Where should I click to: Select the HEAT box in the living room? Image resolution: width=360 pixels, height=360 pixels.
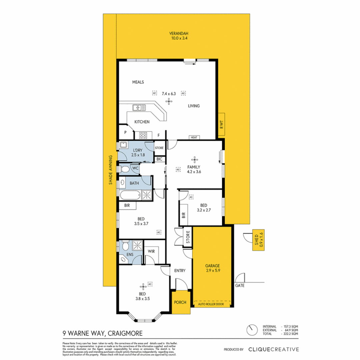193,137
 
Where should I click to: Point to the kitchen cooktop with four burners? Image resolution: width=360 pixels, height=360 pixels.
143,135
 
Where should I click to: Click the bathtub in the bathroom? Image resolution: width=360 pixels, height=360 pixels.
129,195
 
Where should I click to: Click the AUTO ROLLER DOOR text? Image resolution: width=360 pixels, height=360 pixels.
212,304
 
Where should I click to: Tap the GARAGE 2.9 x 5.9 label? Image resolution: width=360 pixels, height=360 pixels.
212,268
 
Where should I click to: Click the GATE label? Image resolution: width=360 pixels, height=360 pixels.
240,286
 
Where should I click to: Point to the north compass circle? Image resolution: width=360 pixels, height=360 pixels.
251,330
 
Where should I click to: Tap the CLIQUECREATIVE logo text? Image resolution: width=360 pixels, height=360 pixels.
273,349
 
